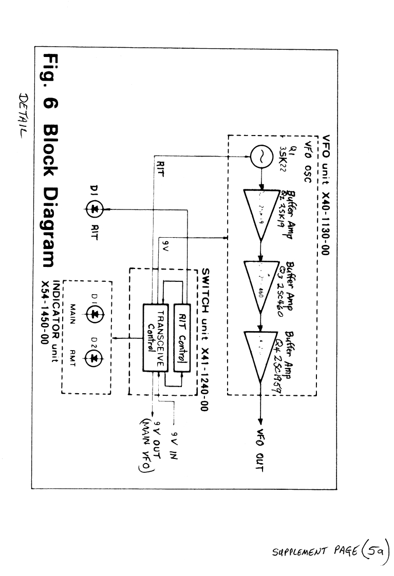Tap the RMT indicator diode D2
pyautogui.click(x=94, y=359)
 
